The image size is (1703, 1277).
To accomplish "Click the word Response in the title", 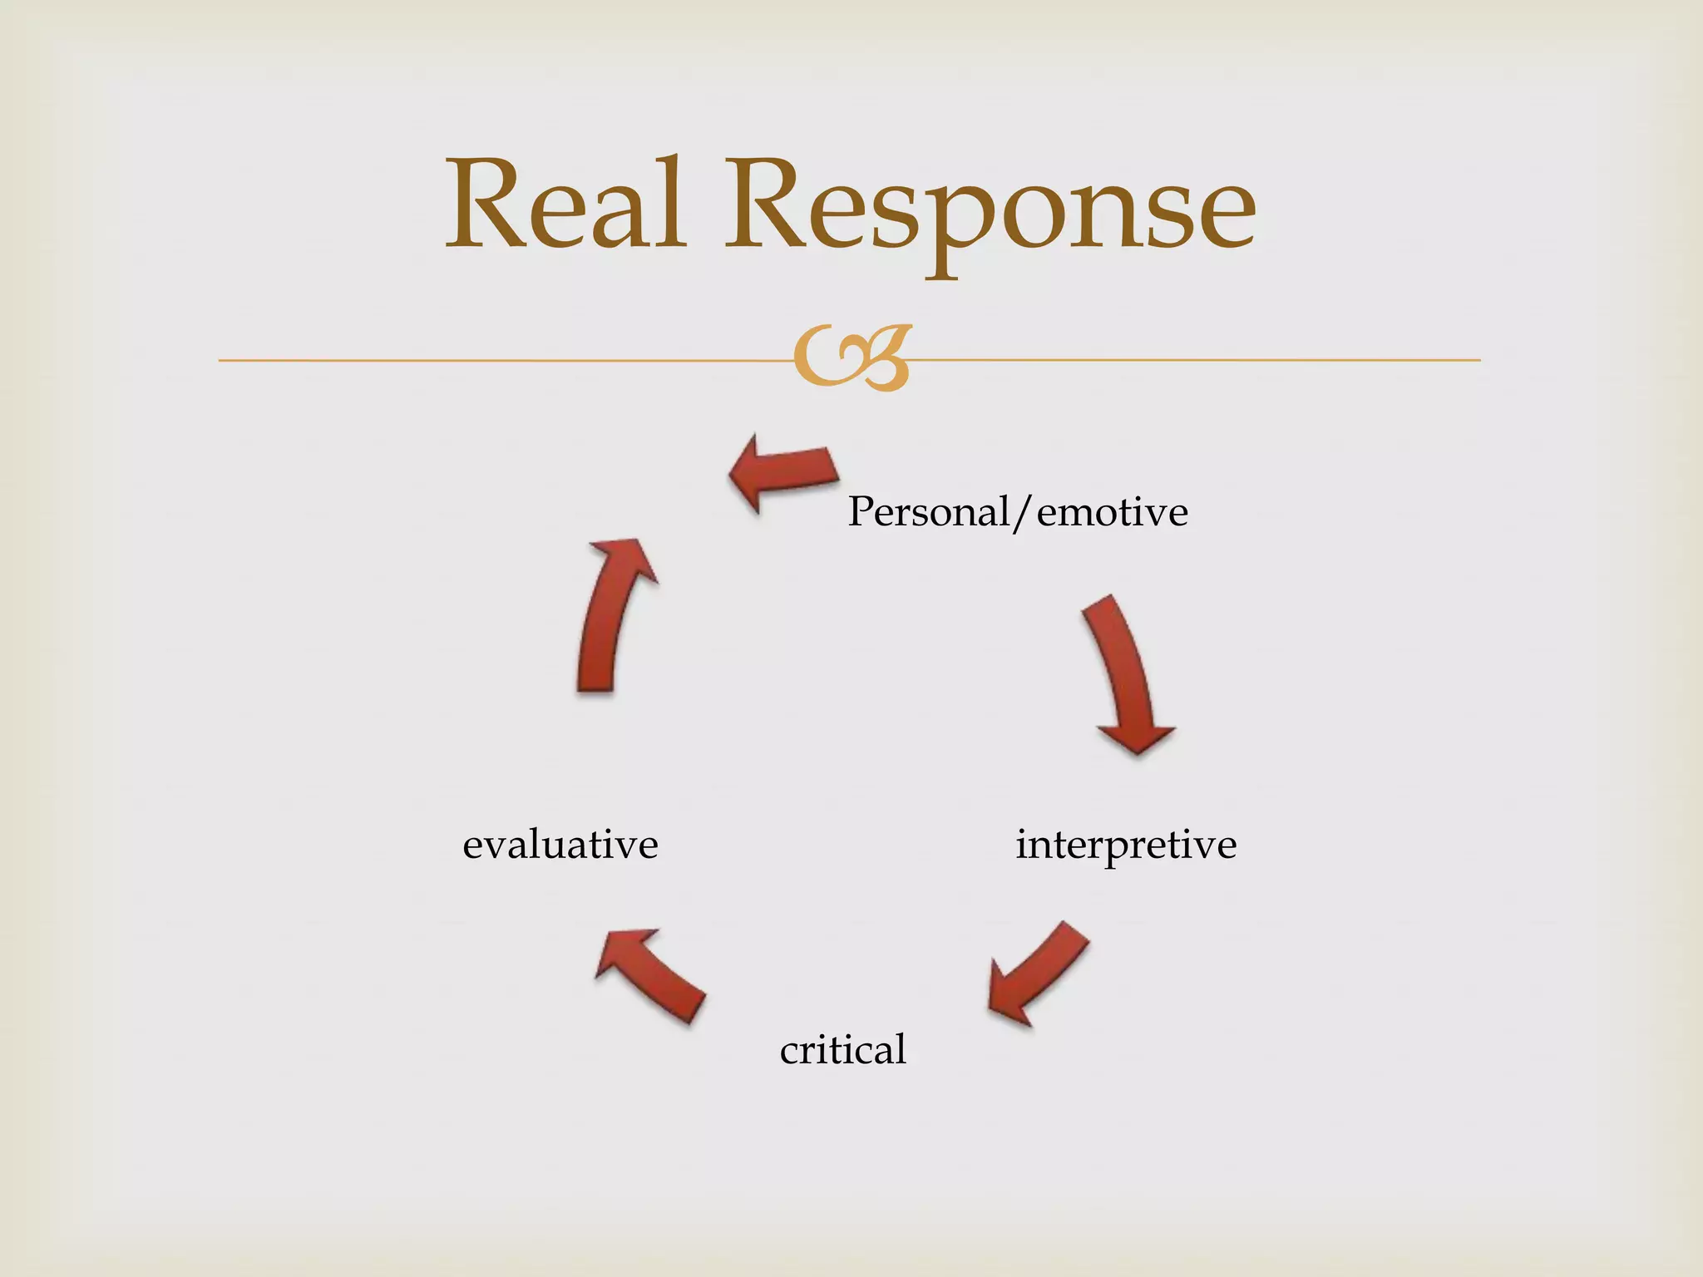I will click(x=990, y=208).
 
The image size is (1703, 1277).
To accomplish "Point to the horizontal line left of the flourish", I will click(x=499, y=360).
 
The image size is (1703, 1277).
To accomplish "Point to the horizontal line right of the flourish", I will click(x=1197, y=360).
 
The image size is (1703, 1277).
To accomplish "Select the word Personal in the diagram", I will click(x=927, y=512).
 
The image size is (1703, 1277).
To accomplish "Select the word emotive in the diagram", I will click(x=1112, y=512).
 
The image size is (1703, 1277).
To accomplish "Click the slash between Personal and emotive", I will click(x=1023, y=512).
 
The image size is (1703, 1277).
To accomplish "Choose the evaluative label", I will click(x=560, y=845).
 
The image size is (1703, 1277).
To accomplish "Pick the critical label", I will click(x=842, y=1049).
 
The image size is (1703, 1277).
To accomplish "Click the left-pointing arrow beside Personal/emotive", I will click(x=782, y=471).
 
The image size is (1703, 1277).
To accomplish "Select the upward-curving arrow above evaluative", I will click(x=611, y=615).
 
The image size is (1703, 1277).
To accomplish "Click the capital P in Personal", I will click(x=861, y=510).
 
